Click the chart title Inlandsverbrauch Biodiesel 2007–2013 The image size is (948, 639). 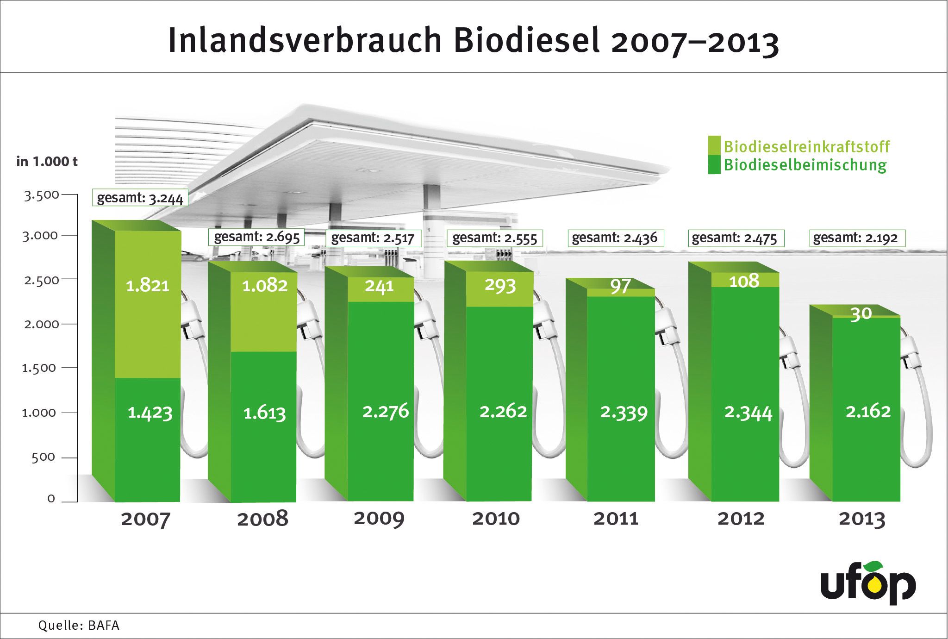point(473,42)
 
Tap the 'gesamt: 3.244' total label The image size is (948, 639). point(140,199)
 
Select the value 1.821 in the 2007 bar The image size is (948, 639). point(147,286)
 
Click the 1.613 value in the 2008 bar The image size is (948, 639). point(264,413)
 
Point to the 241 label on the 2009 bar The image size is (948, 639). point(379,286)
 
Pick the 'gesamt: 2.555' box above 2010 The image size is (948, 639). point(494,238)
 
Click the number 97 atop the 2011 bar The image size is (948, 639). point(620,286)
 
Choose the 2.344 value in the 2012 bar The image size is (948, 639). point(748,412)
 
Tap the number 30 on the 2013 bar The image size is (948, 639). point(861,314)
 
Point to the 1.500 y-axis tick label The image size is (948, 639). point(39,368)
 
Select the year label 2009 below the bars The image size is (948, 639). point(379,519)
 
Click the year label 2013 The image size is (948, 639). point(862,519)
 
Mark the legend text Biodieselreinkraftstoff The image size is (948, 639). point(806,147)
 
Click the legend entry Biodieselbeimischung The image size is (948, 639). point(805,165)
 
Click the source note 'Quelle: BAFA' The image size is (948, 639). point(79,626)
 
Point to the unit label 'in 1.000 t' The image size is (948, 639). point(47,162)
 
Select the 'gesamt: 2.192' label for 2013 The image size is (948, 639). point(855,238)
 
